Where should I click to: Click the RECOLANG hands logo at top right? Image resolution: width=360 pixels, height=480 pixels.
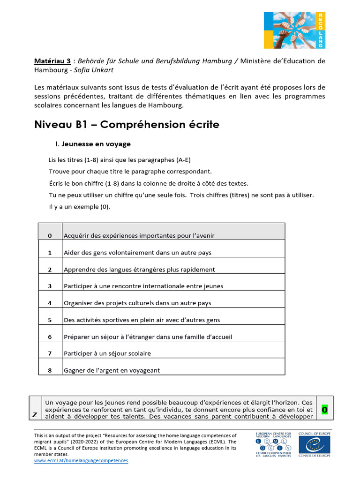(294, 30)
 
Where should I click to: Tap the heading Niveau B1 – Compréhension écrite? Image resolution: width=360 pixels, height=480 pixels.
(127, 125)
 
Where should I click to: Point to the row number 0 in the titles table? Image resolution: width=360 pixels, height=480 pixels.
(50, 235)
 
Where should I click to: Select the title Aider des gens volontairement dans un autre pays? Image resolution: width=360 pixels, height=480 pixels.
(137, 253)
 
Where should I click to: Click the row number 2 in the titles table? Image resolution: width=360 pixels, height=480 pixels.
(50, 270)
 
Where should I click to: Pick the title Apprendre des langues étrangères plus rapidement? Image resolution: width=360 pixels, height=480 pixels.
(139, 270)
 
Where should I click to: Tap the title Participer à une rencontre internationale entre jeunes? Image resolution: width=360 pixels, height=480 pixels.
(143, 286)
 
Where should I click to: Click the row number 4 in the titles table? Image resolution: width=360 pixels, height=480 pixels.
(50, 303)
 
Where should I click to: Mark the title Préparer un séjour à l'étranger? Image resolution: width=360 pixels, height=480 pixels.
(148, 337)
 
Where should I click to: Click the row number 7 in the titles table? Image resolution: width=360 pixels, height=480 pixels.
(50, 353)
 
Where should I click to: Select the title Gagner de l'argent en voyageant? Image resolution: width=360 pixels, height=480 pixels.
(112, 370)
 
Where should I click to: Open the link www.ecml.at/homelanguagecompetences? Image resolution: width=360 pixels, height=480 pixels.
(81, 460)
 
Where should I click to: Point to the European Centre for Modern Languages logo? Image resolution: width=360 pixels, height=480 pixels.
(273, 444)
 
